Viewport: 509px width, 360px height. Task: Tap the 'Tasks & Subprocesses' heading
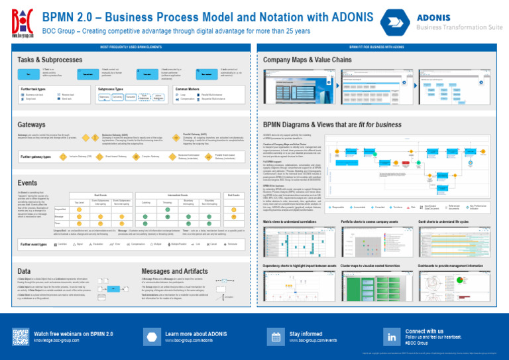click(48, 59)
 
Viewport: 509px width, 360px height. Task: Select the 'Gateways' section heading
click(30, 124)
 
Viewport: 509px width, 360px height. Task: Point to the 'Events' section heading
click(27, 182)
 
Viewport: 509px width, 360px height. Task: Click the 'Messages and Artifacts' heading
click(175, 271)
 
